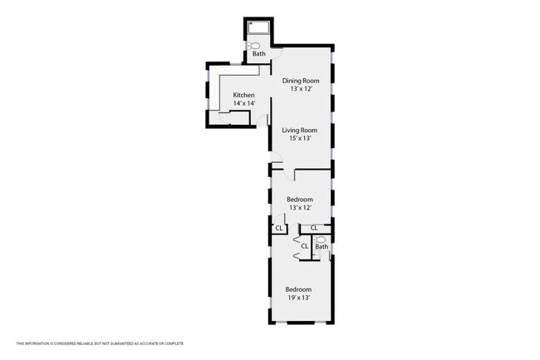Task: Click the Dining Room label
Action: pyautogui.click(x=301, y=81)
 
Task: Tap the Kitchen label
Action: pyautogui.click(x=243, y=95)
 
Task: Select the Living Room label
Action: pyautogui.click(x=300, y=131)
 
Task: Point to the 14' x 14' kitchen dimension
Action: pyautogui.click(x=244, y=103)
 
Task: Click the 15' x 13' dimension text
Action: pyautogui.click(x=300, y=139)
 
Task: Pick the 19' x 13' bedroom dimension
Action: pyautogui.click(x=299, y=298)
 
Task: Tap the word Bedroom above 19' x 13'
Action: pyautogui.click(x=298, y=289)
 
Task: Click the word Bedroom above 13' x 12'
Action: pyautogui.click(x=300, y=200)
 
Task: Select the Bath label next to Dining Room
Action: pyautogui.click(x=259, y=54)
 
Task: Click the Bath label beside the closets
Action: pyautogui.click(x=322, y=247)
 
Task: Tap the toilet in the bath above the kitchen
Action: pyautogui.click(x=253, y=46)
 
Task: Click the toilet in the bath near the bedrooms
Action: pyautogui.click(x=321, y=239)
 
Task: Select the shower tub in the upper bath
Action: pyautogui.click(x=258, y=27)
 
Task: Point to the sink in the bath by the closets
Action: pyautogui.click(x=316, y=255)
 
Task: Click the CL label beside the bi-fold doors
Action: pyautogui.click(x=304, y=246)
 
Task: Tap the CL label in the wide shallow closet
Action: pyautogui.click(x=314, y=228)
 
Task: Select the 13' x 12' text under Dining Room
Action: pyautogui.click(x=301, y=89)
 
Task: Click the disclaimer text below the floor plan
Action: pyautogui.click(x=100, y=343)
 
